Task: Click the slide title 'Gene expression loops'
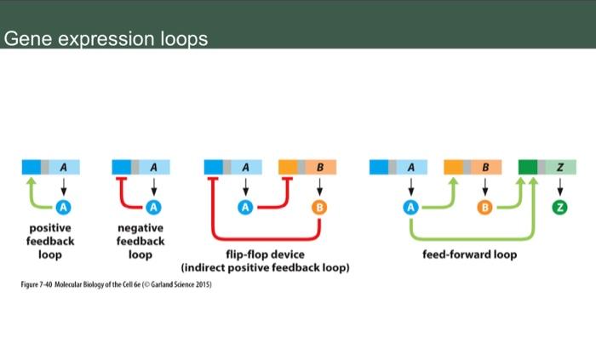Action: tap(106, 40)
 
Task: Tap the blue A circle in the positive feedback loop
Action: tap(63, 207)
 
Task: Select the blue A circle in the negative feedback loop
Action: tap(153, 207)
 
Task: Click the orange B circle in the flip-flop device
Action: tap(319, 207)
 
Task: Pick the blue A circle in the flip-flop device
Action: tap(246, 207)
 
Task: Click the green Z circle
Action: tap(559, 207)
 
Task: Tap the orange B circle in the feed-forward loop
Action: tap(484, 207)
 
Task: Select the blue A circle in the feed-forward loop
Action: tap(411, 207)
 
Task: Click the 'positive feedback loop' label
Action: tap(51, 241)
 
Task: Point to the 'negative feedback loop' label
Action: tap(140, 241)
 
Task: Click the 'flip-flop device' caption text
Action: tap(265, 254)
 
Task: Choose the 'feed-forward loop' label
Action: tap(469, 254)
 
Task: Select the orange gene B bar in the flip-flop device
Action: tap(307, 167)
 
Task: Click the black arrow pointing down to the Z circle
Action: tap(559, 188)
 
